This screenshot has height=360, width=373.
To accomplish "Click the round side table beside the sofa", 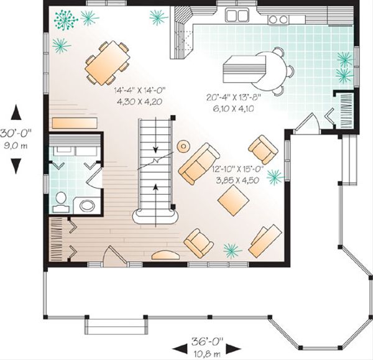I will tap(183, 146).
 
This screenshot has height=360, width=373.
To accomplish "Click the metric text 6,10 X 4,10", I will tap(230, 108).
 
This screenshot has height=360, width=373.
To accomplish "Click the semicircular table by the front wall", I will tap(163, 255).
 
